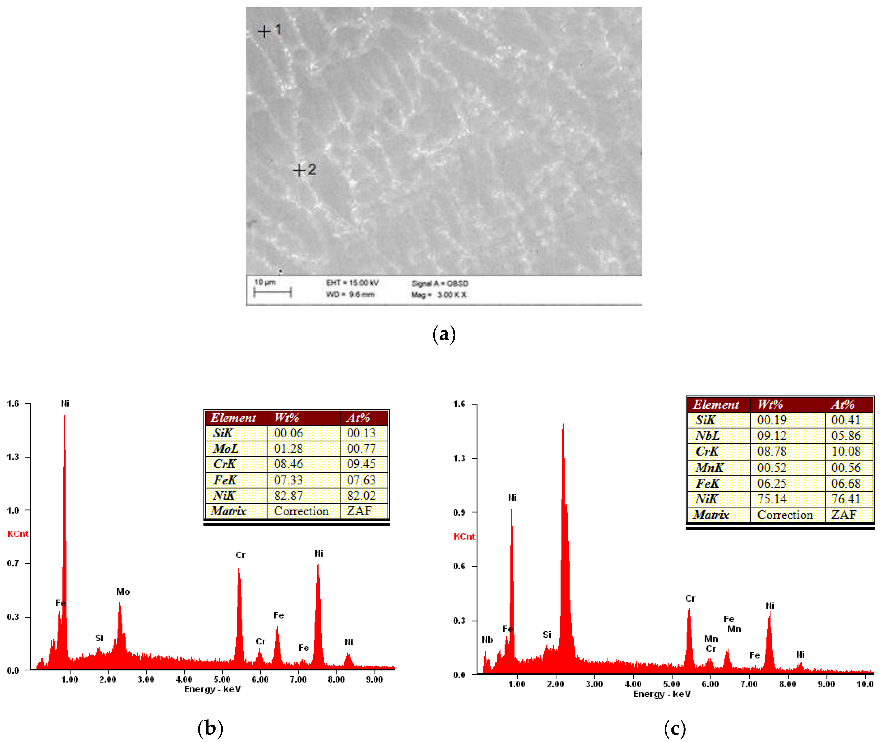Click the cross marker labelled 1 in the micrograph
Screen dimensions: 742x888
click(x=264, y=31)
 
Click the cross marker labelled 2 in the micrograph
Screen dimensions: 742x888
click(x=299, y=170)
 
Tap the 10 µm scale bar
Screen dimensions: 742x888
click(x=272, y=292)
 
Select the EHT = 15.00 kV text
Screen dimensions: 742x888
click(x=352, y=282)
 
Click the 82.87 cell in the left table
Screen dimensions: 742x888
click(x=288, y=495)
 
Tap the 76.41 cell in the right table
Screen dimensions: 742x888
click(x=846, y=499)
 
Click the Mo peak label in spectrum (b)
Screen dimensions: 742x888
click(x=123, y=591)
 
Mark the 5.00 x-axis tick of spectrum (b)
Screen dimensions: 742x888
click(x=222, y=679)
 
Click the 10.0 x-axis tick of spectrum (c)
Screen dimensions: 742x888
click(x=865, y=684)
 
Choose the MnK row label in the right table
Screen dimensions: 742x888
click(x=709, y=467)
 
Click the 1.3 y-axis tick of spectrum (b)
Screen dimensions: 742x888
click(x=13, y=457)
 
